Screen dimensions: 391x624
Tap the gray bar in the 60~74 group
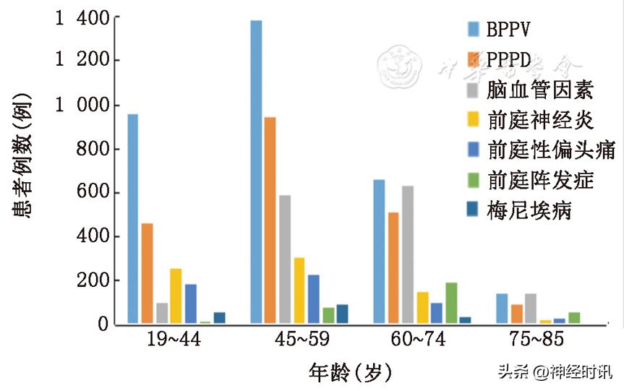pyautogui.click(x=408, y=254)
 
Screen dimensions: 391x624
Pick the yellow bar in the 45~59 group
pyautogui.click(x=299, y=290)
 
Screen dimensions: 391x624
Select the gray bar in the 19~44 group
pyautogui.click(x=162, y=312)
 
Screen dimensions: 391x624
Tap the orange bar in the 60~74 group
pyautogui.click(x=393, y=267)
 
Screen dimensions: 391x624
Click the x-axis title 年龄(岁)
pyautogui.click(x=351, y=373)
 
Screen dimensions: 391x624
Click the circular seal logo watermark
pyautogui.click(x=401, y=66)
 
